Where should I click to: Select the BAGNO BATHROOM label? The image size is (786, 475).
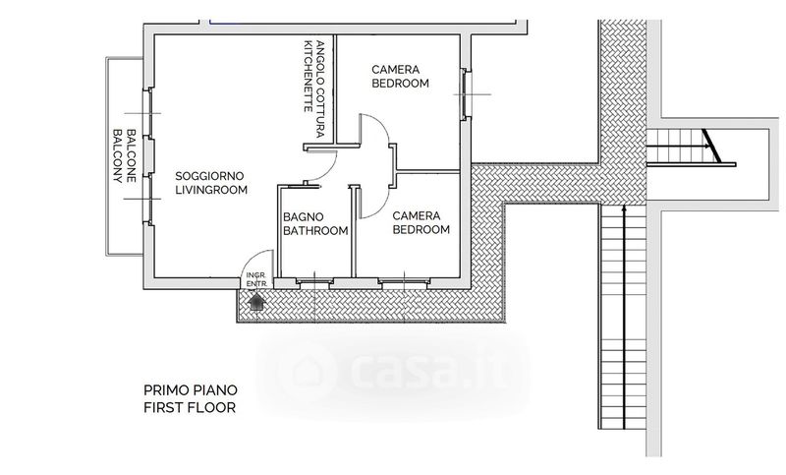pos(315,223)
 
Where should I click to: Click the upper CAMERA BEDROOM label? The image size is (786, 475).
pos(400,77)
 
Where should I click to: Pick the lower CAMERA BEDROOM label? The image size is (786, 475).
pos(421,222)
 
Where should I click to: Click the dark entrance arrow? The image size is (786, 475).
pos(256,302)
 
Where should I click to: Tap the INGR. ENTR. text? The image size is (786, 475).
pos(256,280)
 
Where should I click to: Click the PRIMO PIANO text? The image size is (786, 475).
pos(191,390)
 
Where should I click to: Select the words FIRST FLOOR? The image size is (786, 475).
pos(190,407)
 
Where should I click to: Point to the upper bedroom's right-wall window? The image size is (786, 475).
pos(466,93)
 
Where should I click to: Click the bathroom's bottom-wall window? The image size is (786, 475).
pos(313,282)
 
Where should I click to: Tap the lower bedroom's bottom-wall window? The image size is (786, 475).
pos(404,282)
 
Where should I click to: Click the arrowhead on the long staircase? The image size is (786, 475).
pos(624,208)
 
